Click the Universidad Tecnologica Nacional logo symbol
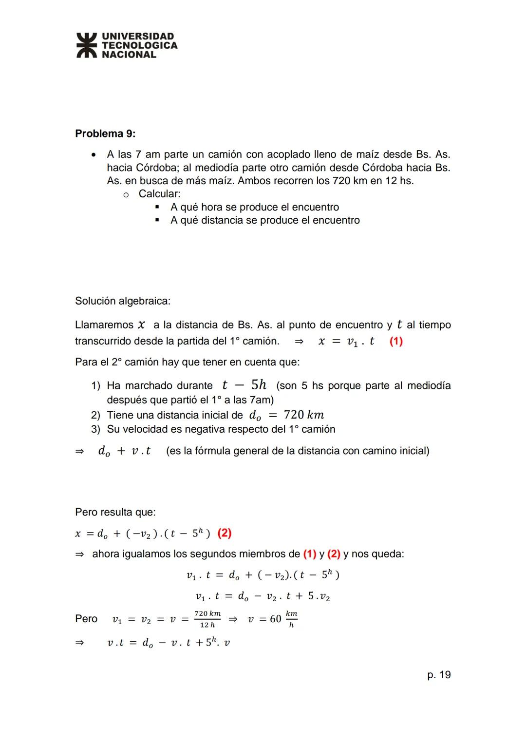pyautogui.click(x=87, y=45)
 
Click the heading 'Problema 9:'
pyautogui.click(x=105, y=134)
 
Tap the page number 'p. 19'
pyautogui.click(x=439, y=675)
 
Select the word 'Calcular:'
pyautogui.click(x=159, y=194)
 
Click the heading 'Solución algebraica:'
pyautogui.click(x=123, y=301)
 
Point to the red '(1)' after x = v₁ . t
pyautogui.click(x=396, y=341)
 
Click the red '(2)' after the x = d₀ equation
pyautogui.click(x=224, y=533)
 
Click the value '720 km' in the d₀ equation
pyautogui.click(x=304, y=415)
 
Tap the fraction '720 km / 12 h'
pyautogui.click(x=207, y=619)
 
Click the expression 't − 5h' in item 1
pyautogui.click(x=244, y=385)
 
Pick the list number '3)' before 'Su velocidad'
pyautogui.click(x=95, y=429)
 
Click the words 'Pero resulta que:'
pyautogui.click(x=115, y=512)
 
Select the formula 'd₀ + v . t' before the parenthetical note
pyautogui.click(x=124, y=451)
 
